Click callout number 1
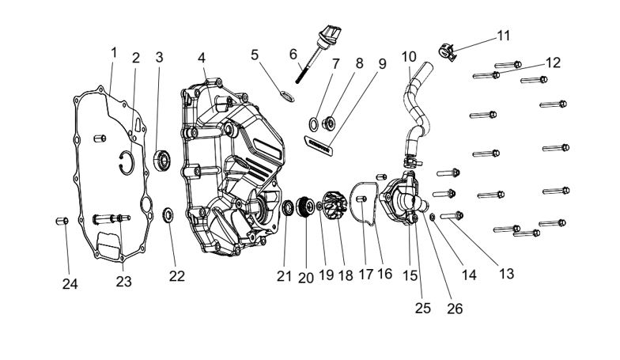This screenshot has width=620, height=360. click(113, 52)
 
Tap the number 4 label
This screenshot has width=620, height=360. click(202, 58)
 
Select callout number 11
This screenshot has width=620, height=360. click(504, 35)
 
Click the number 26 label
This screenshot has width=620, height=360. click(456, 309)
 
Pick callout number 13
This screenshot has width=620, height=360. click(506, 273)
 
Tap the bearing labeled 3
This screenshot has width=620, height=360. click(163, 161)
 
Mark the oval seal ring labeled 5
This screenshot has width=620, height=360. click(288, 97)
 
